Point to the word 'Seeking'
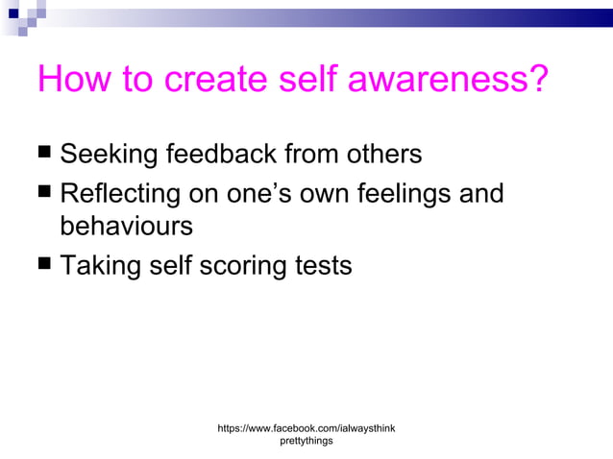tap(109, 154)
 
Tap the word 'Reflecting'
tap(120, 194)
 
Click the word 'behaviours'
tap(126, 227)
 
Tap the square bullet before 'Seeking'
tap(44, 153)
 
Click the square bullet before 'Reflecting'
tap(44, 193)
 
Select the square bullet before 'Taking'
tap(44, 264)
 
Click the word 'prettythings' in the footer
tap(306, 441)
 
